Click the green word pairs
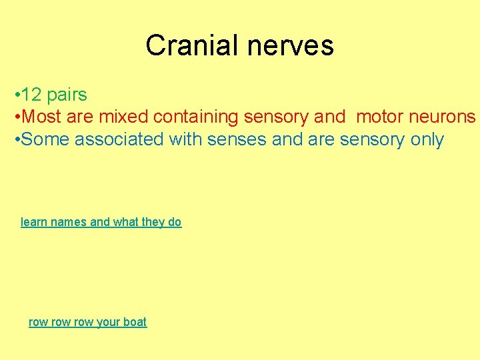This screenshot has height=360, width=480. [67, 95]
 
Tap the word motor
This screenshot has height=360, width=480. [378, 117]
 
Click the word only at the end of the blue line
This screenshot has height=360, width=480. [427, 140]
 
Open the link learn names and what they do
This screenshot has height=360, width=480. [101, 222]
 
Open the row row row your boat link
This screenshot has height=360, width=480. [87, 322]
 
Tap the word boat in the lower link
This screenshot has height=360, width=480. [135, 322]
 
